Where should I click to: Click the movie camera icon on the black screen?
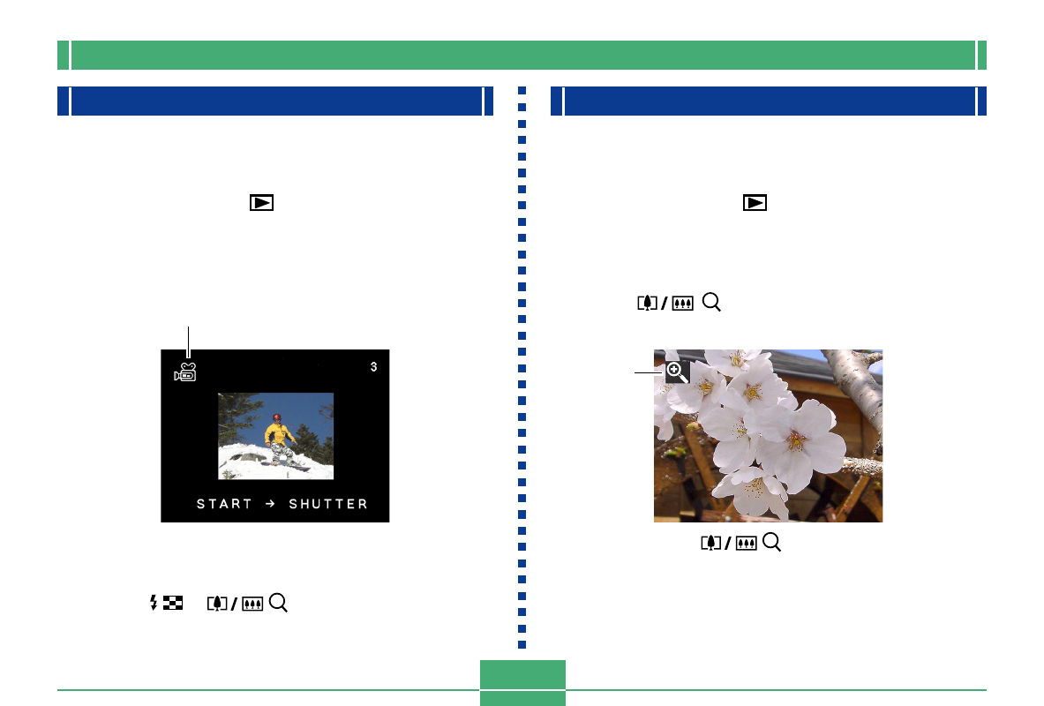click(x=185, y=372)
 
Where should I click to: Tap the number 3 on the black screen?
click(x=373, y=366)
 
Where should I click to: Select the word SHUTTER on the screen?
click(x=328, y=504)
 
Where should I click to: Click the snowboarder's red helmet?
click(x=277, y=417)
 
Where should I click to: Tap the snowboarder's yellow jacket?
click(x=279, y=433)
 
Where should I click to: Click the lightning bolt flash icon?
click(x=154, y=604)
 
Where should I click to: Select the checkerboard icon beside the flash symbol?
click(x=169, y=604)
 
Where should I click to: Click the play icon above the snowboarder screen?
click(x=261, y=202)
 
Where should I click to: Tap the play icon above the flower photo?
click(x=755, y=202)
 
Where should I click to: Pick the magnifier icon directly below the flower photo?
click(x=771, y=544)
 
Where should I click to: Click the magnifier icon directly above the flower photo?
click(x=711, y=303)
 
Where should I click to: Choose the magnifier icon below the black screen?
click(x=279, y=604)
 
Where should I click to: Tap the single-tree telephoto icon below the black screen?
click(x=216, y=604)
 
